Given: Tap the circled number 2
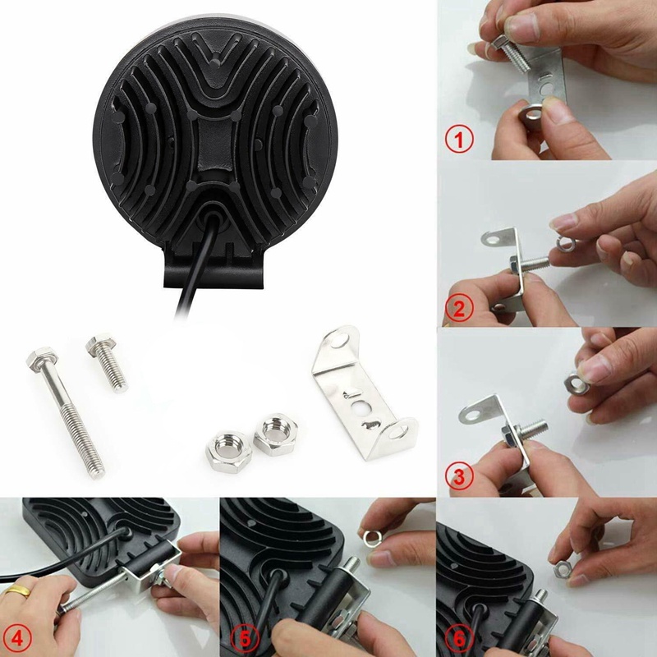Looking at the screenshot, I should tap(459, 310).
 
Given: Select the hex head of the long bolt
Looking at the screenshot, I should tap(39, 358).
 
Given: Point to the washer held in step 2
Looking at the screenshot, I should tap(563, 243).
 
